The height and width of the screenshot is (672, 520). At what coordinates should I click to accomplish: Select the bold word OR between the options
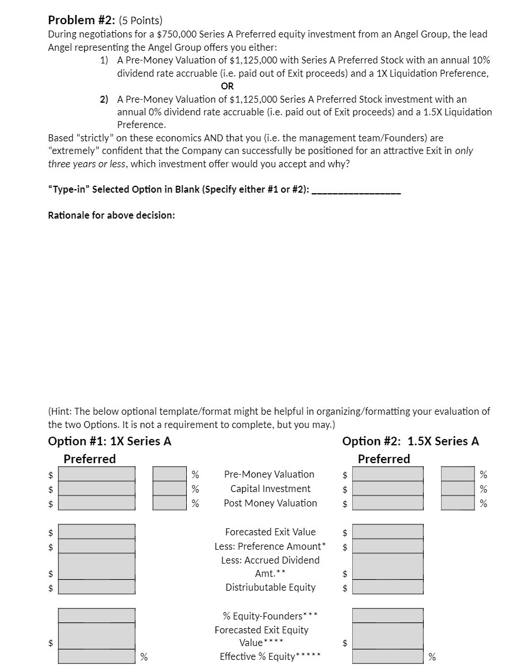point(227,86)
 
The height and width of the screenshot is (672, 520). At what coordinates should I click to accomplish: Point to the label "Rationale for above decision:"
point(111,215)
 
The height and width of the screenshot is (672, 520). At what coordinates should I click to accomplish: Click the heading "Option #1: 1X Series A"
point(110,441)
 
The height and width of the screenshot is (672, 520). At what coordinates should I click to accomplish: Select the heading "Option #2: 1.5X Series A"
point(410,441)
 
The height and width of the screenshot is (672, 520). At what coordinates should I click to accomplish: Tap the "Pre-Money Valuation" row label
point(269,474)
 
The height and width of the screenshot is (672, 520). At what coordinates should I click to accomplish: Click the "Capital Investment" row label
point(270,489)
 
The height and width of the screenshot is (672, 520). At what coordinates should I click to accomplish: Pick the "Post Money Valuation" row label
point(270,503)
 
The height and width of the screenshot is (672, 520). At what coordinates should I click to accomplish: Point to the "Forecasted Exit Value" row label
point(270,532)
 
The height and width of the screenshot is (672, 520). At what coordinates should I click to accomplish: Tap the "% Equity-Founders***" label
point(270,616)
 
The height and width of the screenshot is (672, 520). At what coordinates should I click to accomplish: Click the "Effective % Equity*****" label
point(270,656)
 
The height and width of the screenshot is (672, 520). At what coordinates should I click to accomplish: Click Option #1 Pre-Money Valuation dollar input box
point(97,474)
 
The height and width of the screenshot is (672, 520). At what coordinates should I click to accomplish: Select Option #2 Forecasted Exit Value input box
point(387,531)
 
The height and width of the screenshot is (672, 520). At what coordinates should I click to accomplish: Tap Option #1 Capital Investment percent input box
point(170,489)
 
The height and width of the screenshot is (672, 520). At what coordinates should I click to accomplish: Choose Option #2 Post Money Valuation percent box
point(458,502)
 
